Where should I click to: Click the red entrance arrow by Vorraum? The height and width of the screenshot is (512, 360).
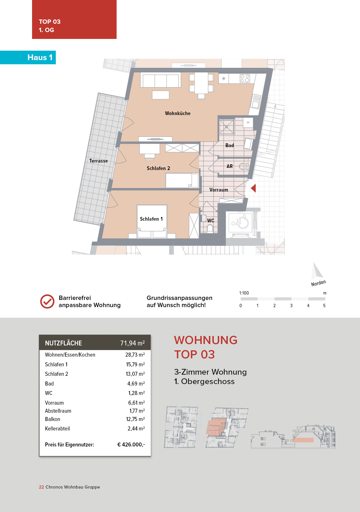point(253,188)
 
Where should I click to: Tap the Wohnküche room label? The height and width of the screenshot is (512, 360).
point(177,113)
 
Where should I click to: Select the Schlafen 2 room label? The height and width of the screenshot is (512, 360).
point(158,168)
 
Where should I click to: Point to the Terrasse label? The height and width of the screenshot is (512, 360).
point(98,161)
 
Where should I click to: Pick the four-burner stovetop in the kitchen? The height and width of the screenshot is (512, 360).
point(245,78)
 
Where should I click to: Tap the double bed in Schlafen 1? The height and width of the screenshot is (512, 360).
point(152,220)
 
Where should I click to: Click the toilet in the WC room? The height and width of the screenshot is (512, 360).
point(210,228)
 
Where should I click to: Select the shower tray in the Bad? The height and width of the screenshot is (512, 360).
point(226,126)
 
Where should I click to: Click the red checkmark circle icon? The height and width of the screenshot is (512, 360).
point(47,301)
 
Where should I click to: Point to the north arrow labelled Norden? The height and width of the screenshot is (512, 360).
point(317,271)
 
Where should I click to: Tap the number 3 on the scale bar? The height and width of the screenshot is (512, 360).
point(291,306)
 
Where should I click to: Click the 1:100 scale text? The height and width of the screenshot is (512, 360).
point(244,293)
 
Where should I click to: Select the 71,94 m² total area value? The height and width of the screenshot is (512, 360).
point(132,343)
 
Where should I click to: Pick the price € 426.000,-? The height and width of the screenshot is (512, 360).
point(131,444)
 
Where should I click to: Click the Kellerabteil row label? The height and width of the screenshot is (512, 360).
point(57,428)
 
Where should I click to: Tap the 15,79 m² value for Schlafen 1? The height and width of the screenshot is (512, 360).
point(135,364)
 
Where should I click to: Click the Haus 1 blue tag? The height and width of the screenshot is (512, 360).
point(40,58)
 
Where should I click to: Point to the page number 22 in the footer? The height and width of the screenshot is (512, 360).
point(41,487)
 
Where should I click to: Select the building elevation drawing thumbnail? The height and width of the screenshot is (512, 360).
point(293,437)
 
